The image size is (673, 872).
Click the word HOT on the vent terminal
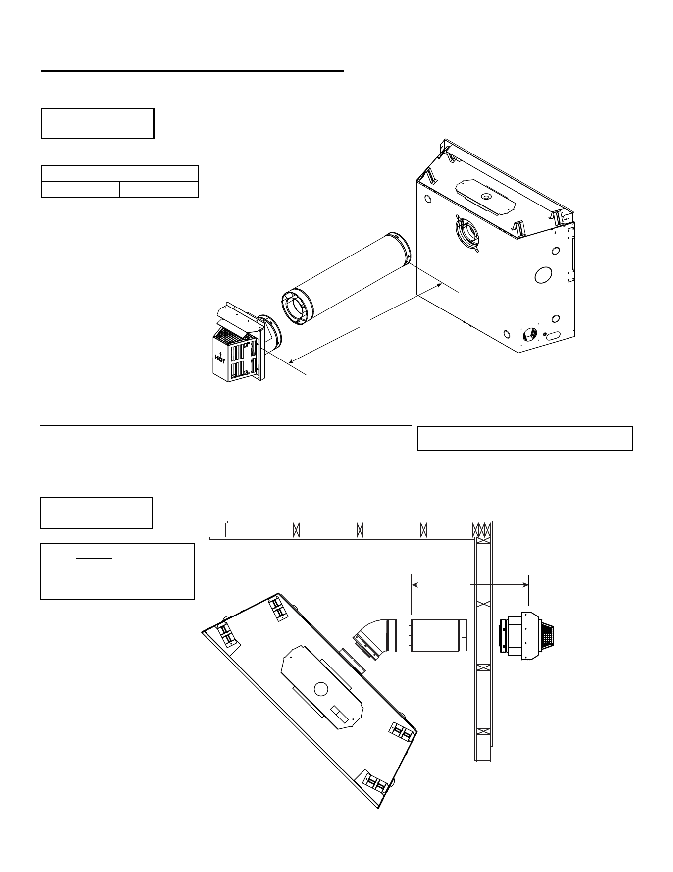pos(220,359)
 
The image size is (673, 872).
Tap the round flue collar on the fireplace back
pos(467,233)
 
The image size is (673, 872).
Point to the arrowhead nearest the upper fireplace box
pos(438,286)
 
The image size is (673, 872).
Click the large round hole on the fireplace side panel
pos(543,275)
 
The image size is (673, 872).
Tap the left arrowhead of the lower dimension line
pos(415,585)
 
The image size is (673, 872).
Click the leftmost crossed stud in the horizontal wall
pos(297,530)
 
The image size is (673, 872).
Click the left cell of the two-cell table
pos(80,190)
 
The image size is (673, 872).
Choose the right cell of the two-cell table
pos(159,190)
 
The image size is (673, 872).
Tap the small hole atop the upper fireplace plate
pos(486,197)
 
